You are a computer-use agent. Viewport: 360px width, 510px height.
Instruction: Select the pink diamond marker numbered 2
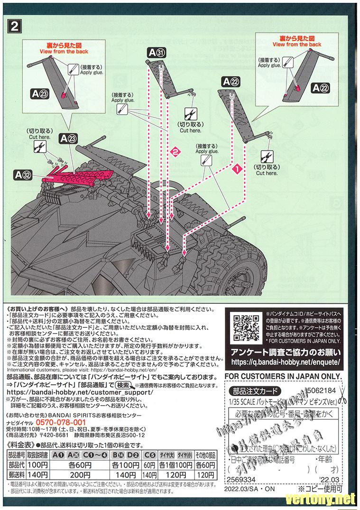click(176, 152)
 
